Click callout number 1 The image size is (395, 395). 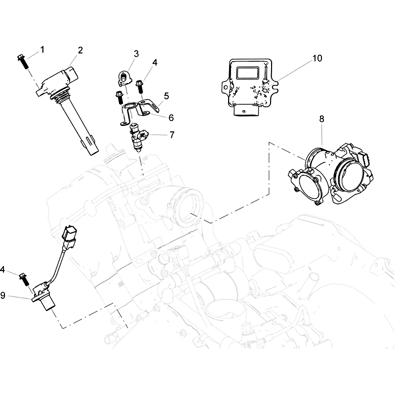[x=42, y=49]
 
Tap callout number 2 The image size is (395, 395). [x=80, y=50]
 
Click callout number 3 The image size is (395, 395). [x=136, y=53]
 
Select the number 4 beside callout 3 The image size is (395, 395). [x=155, y=63]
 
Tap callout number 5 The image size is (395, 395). [x=166, y=95]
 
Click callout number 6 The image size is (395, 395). [x=171, y=118]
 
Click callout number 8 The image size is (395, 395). [x=321, y=118]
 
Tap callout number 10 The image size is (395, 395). [x=316, y=58]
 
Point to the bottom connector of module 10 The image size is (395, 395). [x=244, y=111]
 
